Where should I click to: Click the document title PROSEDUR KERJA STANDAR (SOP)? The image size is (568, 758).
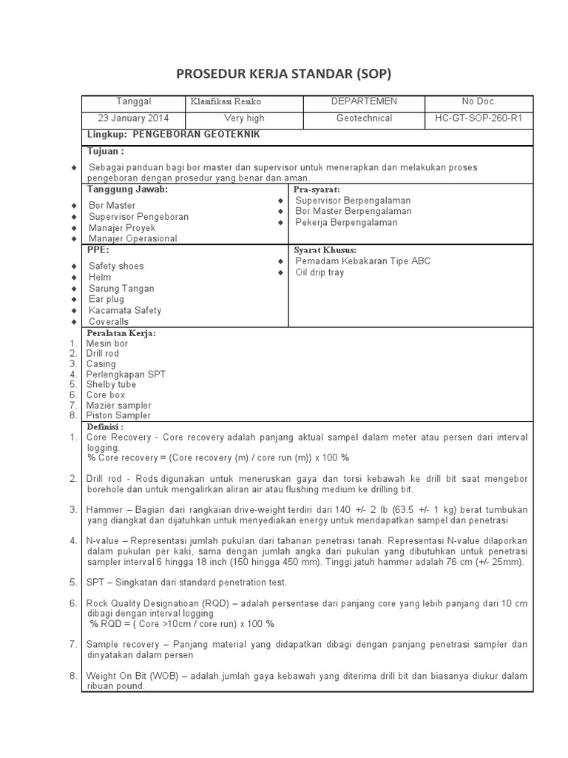[283, 74]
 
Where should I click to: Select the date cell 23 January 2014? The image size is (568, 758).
[134, 118]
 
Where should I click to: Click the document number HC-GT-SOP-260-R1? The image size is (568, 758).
[479, 118]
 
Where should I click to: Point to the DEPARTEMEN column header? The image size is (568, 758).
[364, 101]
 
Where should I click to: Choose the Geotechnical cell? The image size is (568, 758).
[364, 118]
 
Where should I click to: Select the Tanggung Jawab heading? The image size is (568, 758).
[127, 189]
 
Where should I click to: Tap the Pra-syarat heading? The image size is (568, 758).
[317, 190]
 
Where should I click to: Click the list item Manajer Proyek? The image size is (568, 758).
[121, 228]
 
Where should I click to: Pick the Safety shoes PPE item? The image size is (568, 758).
[116, 266]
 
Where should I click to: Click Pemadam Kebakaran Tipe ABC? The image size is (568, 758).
[362, 261]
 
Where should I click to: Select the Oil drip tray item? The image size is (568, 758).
[319, 272]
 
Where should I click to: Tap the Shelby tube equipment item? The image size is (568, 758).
[111, 385]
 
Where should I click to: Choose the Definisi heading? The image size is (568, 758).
[105, 427]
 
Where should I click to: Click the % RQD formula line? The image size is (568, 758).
[181, 624]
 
